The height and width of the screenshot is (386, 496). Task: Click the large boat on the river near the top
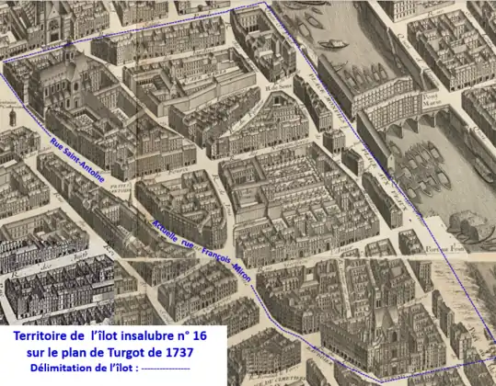329,42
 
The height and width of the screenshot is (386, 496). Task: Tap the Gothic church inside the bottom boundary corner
386,340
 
